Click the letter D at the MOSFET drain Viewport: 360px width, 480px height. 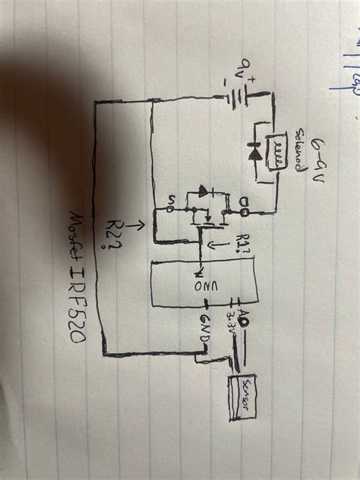pos(244,203)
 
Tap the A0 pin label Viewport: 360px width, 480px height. pos(243,312)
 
